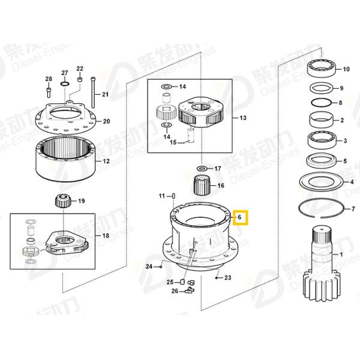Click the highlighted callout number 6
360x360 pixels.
pyautogui.click(x=240, y=217)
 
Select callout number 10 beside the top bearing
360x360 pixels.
pyautogui.click(x=346, y=68)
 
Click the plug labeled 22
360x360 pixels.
pyautogui.click(x=80, y=80)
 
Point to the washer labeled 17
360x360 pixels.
pyautogui.click(x=201, y=169)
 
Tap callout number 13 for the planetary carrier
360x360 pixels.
pyautogui.click(x=243, y=118)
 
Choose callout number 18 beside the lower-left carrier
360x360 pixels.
pyautogui.click(x=106, y=236)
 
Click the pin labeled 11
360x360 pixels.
pyautogui.click(x=173, y=196)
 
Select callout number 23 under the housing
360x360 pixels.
pyautogui.click(x=227, y=278)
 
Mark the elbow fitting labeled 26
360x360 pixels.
pyautogui.click(x=187, y=291)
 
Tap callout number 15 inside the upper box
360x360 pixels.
pyautogui.click(x=173, y=142)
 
